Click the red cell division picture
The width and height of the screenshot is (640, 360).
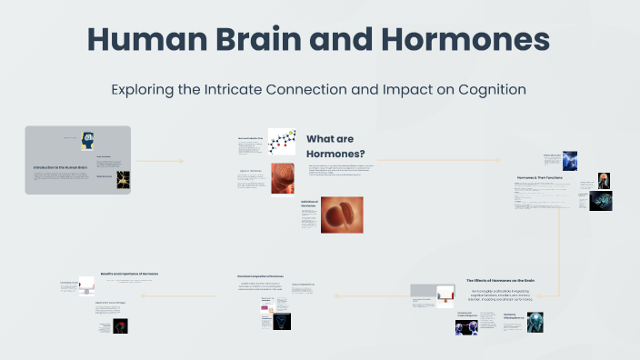(x=342, y=215)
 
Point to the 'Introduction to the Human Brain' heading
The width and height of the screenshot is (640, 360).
(x=60, y=168)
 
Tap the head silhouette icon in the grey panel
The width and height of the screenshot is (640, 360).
(x=88, y=140)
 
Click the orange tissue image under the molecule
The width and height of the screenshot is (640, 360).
(x=282, y=177)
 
